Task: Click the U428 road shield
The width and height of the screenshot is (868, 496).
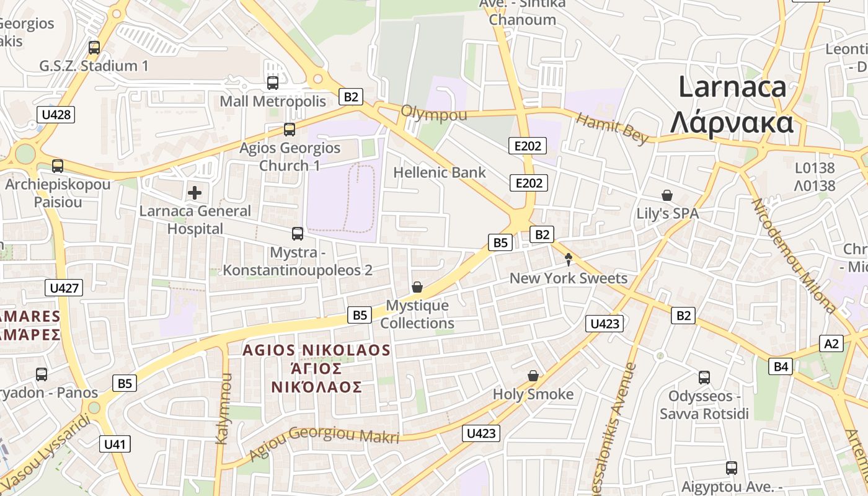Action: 56,114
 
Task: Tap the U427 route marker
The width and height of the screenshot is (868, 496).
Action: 64,288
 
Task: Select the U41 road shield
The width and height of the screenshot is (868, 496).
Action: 115,443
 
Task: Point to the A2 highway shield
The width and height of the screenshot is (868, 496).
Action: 831,343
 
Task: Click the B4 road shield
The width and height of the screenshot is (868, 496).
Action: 781,366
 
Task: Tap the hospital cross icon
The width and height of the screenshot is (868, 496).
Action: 195,193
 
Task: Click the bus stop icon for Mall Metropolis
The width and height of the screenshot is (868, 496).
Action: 273,82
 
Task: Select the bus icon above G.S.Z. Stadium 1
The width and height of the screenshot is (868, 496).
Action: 94,47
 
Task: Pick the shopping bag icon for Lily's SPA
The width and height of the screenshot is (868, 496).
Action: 667,196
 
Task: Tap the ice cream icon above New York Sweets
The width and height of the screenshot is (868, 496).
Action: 568,260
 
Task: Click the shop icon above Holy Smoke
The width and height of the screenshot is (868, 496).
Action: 533,376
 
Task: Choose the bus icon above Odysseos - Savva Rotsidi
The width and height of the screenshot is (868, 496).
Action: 704,377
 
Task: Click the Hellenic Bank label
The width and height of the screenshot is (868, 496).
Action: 440,172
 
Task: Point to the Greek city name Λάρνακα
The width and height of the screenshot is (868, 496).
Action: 732,122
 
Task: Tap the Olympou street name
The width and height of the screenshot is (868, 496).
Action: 434,114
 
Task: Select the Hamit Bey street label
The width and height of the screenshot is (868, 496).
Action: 612,128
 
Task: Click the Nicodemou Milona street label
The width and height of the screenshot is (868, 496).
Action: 793,254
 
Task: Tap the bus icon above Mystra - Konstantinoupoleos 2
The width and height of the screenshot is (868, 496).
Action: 298,234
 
